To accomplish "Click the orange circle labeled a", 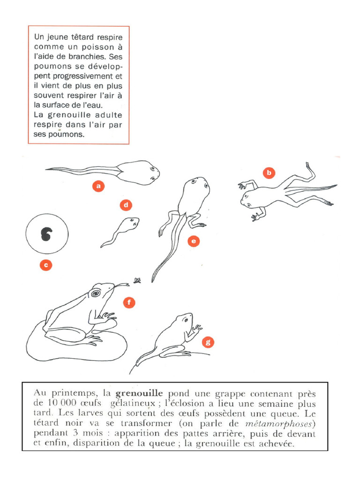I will coord(98,186).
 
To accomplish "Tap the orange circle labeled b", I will coord(269,173).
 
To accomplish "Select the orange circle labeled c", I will coord(45,265).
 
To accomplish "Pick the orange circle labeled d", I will coord(125,205).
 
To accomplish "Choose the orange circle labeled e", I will coord(193,241).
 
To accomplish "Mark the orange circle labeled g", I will coord(208,342).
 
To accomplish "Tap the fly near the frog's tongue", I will coord(137,281).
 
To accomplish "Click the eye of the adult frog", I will coord(96,293).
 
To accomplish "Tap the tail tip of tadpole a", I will coord(47,169).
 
